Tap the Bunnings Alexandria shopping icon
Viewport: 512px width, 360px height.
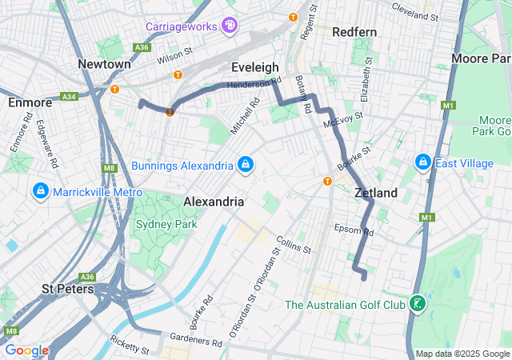click(x=246, y=165)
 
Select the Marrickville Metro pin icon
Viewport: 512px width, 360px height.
click(x=41, y=192)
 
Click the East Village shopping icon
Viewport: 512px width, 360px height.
click(x=423, y=163)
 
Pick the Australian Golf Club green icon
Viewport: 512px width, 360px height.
click(x=416, y=304)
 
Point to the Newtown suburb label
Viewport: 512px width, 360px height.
click(x=104, y=64)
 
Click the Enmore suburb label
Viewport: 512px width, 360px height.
click(x=30, y=102)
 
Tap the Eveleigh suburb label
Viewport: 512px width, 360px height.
click(x=254, y=67)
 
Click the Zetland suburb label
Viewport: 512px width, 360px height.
click(x=376, y=193)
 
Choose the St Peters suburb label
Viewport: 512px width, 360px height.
click(x=68, y=288)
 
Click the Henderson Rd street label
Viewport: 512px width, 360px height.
click(x=254, y=82)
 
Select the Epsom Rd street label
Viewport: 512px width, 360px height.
click(x=354, y=230)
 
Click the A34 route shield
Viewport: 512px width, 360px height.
click(x=69, y=97)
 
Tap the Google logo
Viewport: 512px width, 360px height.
click(x=26, y=350)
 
